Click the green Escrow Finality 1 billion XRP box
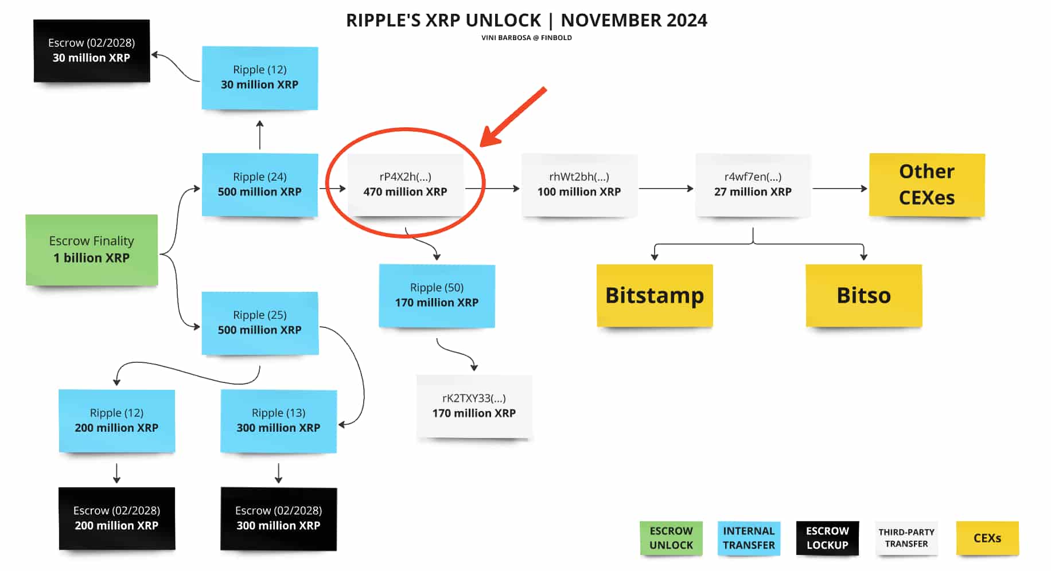coord(92,249)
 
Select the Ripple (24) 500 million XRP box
coord(260,185)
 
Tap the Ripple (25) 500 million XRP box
coord(260,323)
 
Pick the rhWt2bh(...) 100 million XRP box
coord(579,185)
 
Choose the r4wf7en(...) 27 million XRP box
coord(753,185)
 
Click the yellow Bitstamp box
coord(655,295)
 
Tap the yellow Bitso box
coord(863,295)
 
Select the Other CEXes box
coord(927,185)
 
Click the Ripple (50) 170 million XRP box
coord(437,295)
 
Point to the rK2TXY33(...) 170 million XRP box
coord(474,406)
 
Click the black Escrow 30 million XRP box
coord(92,50)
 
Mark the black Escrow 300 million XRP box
coord(278,518)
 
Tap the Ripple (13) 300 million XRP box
coord(278,421)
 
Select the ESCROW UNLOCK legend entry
coord(671,538)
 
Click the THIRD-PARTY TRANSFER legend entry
coord(906,538)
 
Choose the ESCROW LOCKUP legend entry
coord(827,538)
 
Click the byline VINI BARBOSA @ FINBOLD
coord(526,38)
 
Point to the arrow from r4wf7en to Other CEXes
coord(839,188)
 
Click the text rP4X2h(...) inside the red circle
coord(405,177)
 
